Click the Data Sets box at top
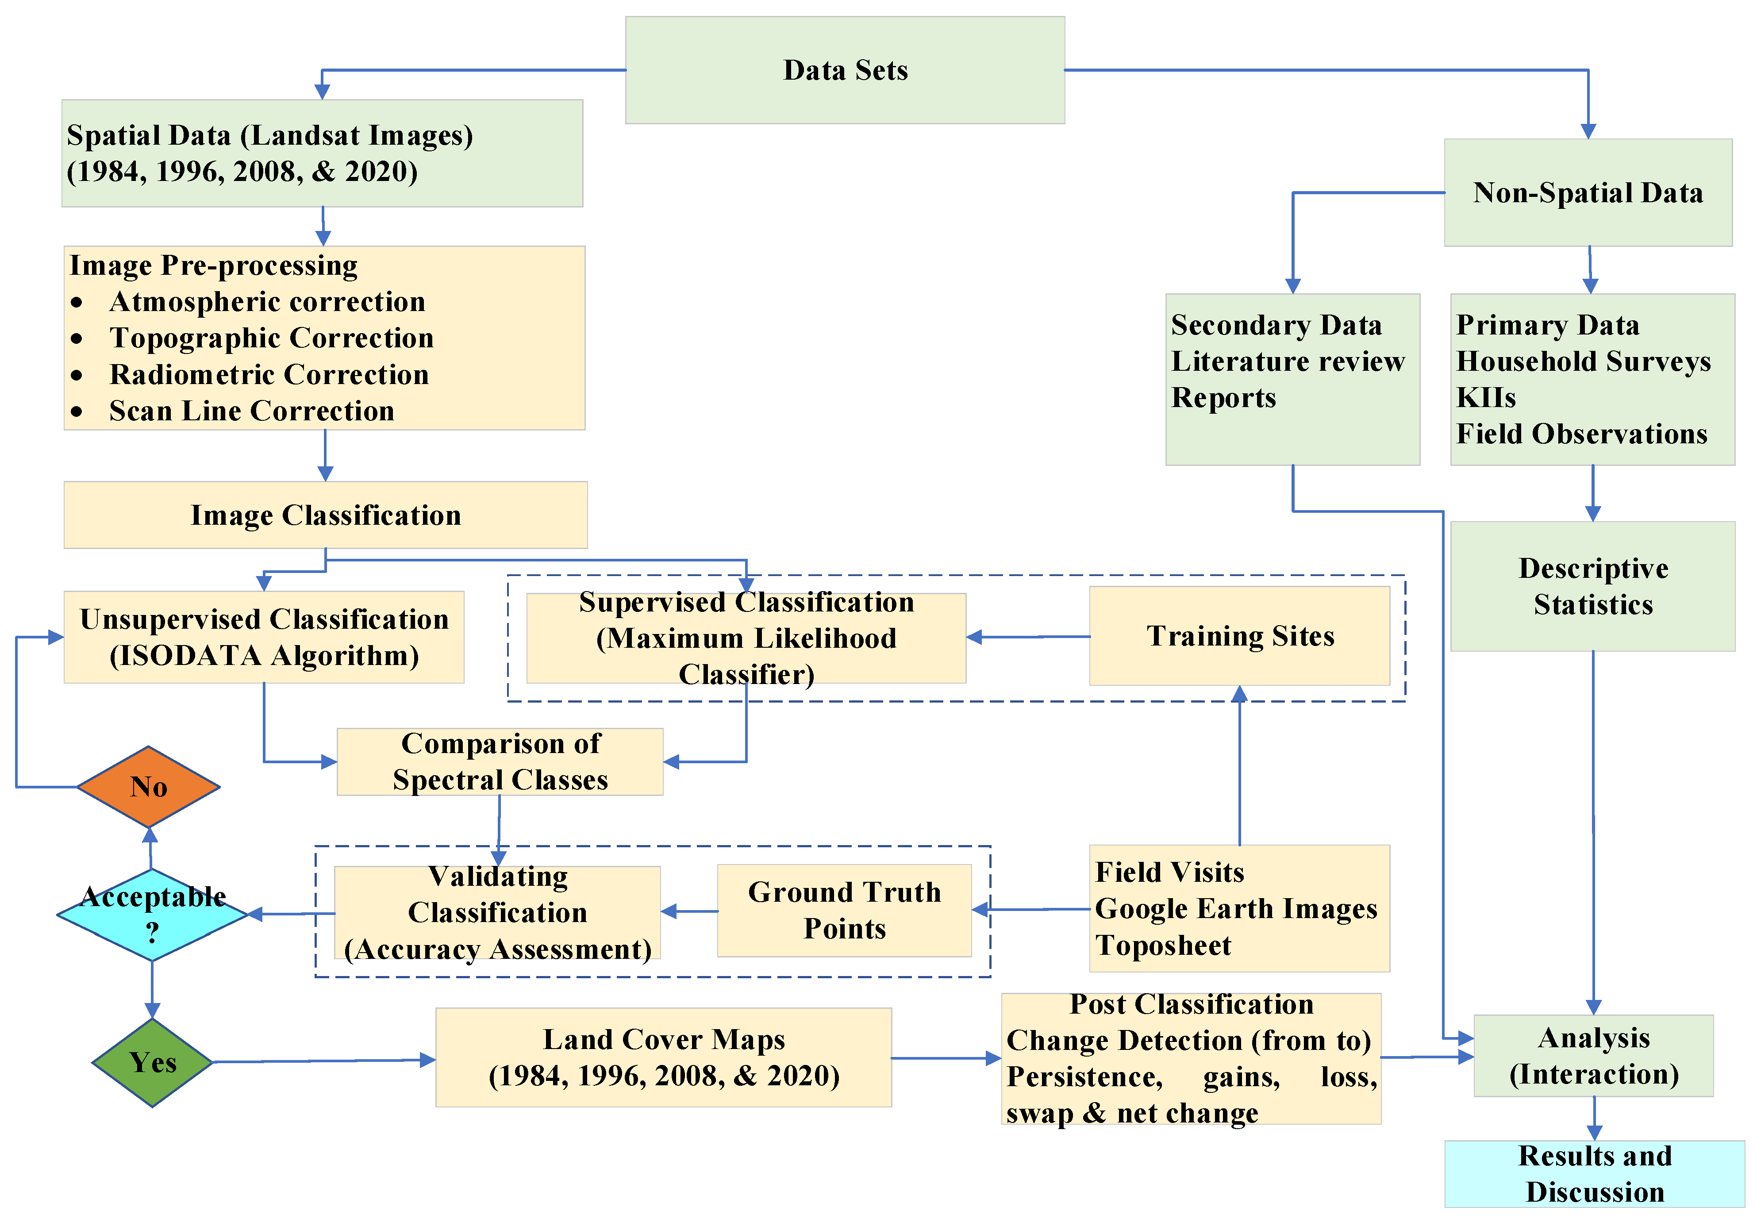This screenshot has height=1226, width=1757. tap(845, 70)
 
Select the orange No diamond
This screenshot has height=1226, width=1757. tap(149, 787)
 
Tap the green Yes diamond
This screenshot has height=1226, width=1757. tap(152, 1062)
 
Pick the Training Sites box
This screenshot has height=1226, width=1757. tap(1239, 636)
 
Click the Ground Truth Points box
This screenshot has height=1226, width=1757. tap(844, 910)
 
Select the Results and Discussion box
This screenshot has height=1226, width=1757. tap(1594, 1174)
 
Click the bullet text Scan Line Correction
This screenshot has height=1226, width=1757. tap(252, 411)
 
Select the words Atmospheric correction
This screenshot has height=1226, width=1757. tap(267, 302)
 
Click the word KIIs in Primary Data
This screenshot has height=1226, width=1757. tap(1485, 398)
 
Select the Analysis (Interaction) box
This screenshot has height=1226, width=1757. tap(1593, 1056)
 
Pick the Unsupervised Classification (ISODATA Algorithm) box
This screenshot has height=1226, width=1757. tap(264, 637)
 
